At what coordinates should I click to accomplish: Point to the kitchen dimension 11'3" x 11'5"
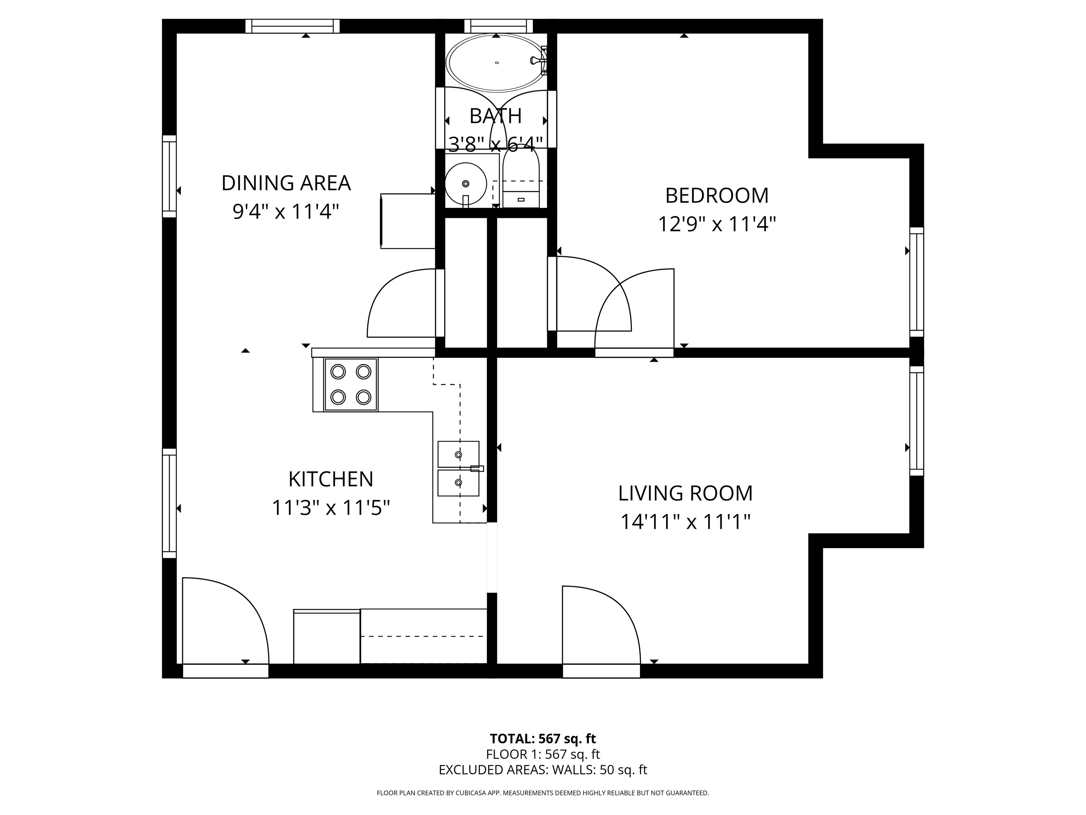point(331,508)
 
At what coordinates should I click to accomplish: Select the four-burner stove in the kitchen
point(351,385)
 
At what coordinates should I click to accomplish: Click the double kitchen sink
point(458,469)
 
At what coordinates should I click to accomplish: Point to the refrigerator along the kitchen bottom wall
point(327,637)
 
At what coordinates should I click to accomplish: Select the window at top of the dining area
point(293,26)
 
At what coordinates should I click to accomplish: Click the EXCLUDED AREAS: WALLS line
point(543,770)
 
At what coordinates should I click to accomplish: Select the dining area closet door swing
point(400,305)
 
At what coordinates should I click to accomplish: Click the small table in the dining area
point(408,221)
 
